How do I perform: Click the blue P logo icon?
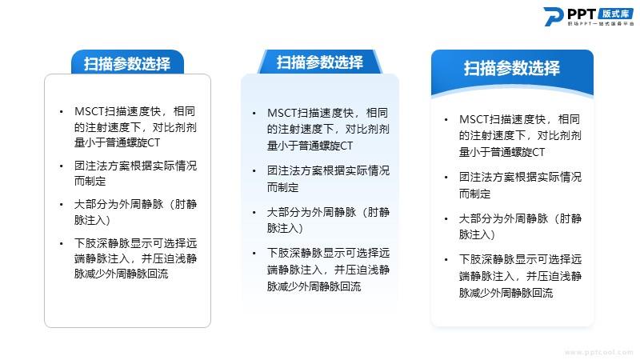554,16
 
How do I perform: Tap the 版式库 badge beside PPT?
616,14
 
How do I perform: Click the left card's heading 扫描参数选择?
127,64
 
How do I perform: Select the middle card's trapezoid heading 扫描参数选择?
319,62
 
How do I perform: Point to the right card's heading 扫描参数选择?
512,68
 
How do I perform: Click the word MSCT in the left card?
90,111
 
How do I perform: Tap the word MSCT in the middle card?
282,113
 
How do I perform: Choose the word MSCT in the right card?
474,119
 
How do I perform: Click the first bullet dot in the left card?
62,111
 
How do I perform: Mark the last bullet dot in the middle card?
254,254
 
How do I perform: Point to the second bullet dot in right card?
446,178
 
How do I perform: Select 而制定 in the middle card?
283,187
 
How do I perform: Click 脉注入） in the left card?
93,220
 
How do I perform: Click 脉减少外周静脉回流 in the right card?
506,293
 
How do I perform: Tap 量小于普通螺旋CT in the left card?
117,142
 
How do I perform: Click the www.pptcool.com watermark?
599,352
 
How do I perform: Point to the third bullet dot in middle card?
254,213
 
